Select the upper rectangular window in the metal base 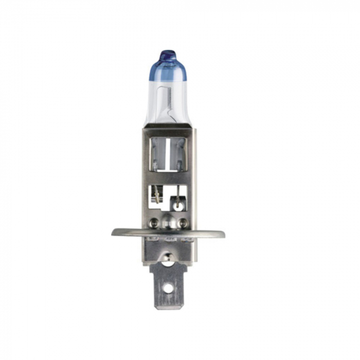click(x=168, y=154)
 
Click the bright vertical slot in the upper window click(x=168, y=154)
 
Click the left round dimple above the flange click(x=153, y=223)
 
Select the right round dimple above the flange click(x=183, y=223)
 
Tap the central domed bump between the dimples click(x=168, y=223)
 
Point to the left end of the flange click(x=114, y=231)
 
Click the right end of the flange click(x=222, y=234)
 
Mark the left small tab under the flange click(x=152, y=240)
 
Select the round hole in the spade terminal click(x=168, y=289)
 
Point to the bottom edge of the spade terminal click(x=168, y=308)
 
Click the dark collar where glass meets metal click(x=168, y=124)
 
